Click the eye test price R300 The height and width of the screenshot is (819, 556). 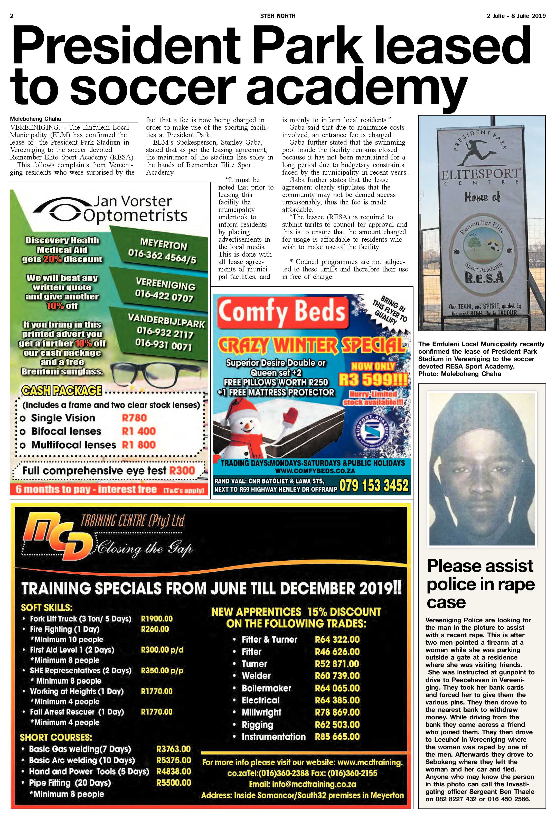pyautogui.click(x=182, y=470)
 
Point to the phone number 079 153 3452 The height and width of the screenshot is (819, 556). pyautogui.click(x=374, y=486)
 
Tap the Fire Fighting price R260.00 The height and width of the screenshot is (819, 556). pyautogui.click(x=155, y=629)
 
